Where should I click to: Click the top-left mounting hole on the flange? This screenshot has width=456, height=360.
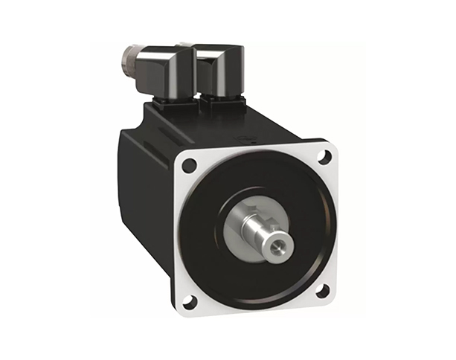(x=189, y=165)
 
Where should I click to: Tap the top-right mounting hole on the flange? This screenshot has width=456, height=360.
(x=324, y=156)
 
